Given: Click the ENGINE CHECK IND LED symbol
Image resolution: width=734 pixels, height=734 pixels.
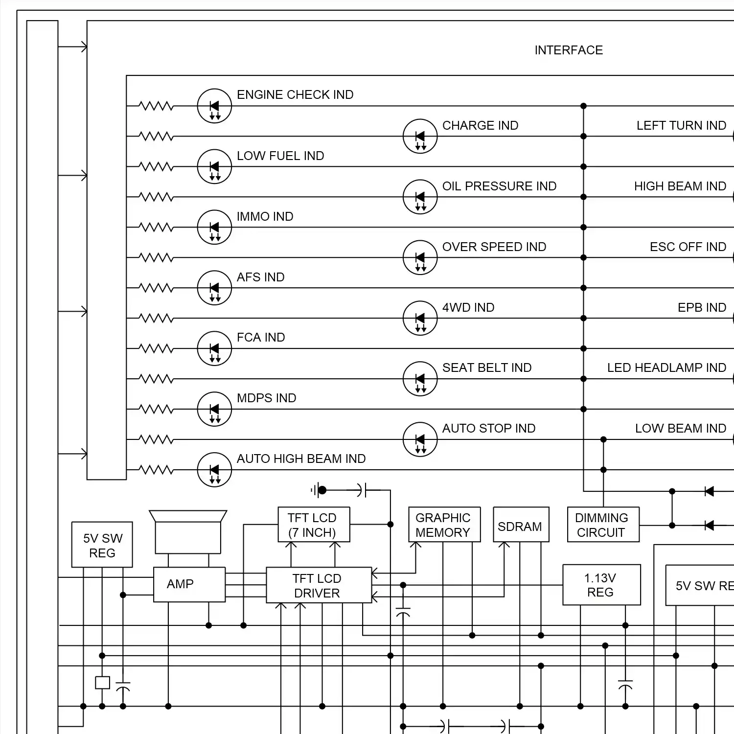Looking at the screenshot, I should click(214, 106).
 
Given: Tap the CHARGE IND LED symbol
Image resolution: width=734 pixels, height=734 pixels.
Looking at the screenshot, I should click(420, 136).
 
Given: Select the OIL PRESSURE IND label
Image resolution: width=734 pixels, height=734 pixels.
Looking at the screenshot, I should click(499, 186).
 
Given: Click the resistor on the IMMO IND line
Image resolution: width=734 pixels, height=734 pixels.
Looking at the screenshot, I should click(156, 228).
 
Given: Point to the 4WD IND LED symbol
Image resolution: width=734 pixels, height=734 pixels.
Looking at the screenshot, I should click(420, 318).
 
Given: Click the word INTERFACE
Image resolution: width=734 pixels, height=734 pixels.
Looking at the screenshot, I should click(569, 50).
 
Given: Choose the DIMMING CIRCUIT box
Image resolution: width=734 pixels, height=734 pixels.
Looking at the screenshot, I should click(603, 525).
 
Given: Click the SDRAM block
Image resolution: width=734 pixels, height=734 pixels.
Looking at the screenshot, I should click(521, 525).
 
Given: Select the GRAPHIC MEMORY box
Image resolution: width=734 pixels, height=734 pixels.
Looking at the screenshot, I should click(444, 525).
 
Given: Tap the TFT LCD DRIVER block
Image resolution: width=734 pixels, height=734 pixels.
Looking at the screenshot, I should click(319, 585).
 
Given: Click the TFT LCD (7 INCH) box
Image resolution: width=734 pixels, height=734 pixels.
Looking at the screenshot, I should click(314, 525).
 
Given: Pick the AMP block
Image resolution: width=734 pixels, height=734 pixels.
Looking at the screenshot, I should click(189, 584).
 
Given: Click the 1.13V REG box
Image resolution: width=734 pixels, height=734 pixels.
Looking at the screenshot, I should click(601, 585).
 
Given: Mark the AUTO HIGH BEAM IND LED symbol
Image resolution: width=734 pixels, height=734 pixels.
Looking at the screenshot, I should click(214, 470).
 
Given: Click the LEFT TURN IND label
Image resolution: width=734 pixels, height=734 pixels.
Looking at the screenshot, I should click(681, 126).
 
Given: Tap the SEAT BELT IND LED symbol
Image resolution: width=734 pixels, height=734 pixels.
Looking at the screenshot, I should click(420, 379).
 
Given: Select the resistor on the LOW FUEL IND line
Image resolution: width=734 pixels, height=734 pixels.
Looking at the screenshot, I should click(156, 167).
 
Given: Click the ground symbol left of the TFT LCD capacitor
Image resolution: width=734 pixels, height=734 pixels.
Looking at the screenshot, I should click(315, 490).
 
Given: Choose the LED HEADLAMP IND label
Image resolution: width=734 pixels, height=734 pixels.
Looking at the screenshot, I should click(666, 368).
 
